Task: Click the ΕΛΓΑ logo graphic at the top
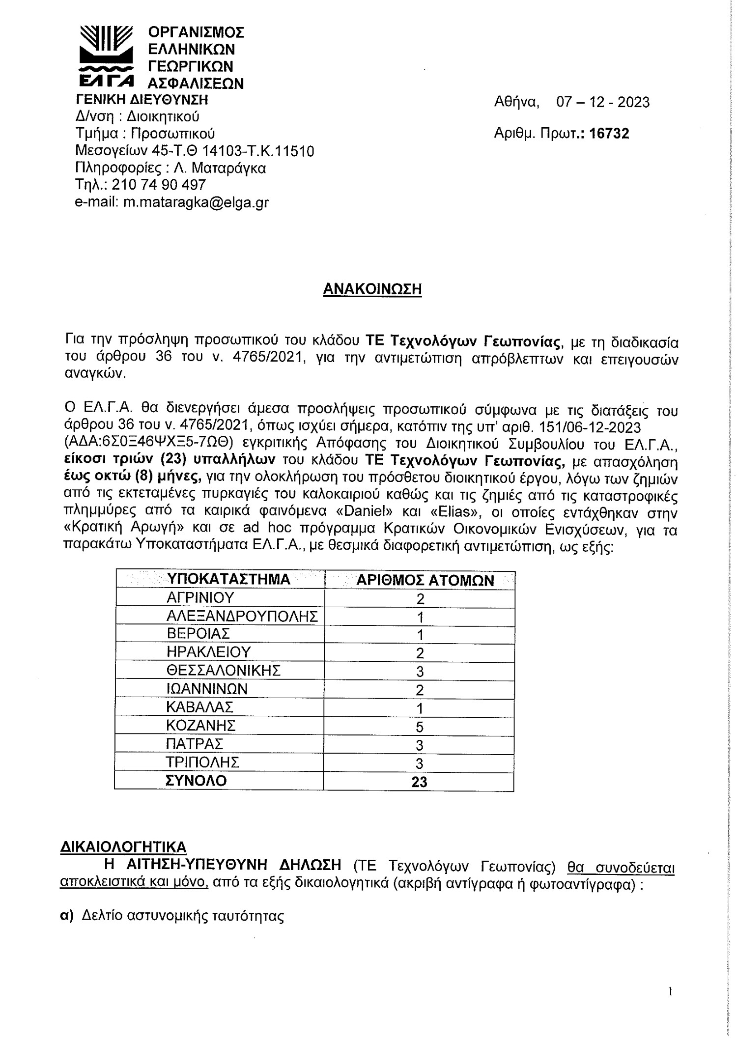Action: [x=106, y=56]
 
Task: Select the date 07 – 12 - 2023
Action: [x=602, y=102]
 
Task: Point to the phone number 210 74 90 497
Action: [x=159, y=185]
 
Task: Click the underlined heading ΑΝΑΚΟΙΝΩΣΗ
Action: [x=372, y=289]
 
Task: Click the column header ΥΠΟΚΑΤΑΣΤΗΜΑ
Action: [x=228, y=580]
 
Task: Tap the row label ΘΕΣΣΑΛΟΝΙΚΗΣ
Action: [x=224, y=671]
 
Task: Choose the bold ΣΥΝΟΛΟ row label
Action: [x=197, y=781]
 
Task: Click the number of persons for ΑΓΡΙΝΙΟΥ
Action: [x=419, y=599]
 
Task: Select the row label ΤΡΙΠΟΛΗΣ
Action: [x=202, y=762]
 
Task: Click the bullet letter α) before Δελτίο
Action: [x=66, y=916]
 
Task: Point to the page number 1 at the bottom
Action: [x=670, y=992]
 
